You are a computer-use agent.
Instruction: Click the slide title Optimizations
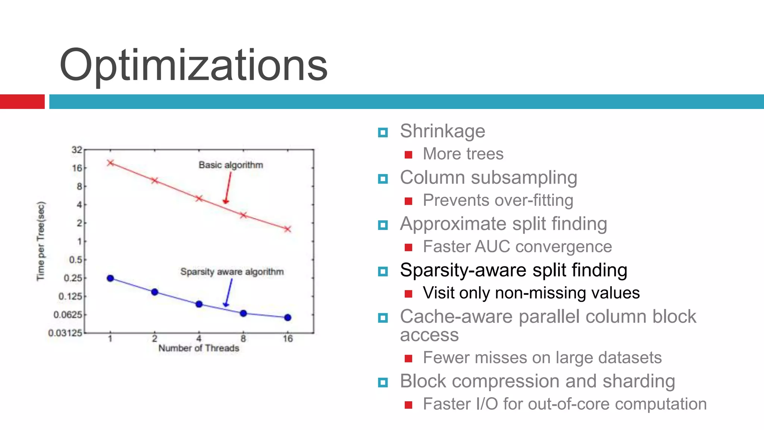pos(193,65)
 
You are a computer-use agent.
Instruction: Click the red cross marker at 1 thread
pos(110,163)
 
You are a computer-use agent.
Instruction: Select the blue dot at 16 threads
pos(288,318)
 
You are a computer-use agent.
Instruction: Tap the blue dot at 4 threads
pos(199,304)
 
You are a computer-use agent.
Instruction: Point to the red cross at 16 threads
pos(287,229)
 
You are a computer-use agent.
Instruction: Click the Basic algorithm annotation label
pos(231,165)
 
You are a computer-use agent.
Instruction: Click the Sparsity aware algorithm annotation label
pos(232,272)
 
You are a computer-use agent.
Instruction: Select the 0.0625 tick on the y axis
pos(68,315)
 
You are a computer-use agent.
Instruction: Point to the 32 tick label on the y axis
pos(76,150)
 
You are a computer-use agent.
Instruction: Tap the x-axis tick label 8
pos(243,339)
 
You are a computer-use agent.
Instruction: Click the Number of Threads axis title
pos(198,348)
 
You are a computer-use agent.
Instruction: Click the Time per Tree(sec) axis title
pos(41,241)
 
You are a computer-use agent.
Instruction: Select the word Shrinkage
pos(442,131)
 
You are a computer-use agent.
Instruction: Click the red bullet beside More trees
pos(408,155)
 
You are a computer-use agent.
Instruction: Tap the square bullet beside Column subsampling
pos(383,179)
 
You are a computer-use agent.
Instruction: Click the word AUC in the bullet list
pos(492,247)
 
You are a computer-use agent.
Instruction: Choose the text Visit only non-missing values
pos(531,293)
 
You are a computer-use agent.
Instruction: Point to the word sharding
pos(639,381)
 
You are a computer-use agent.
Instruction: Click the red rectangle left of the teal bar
pos(22,102)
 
